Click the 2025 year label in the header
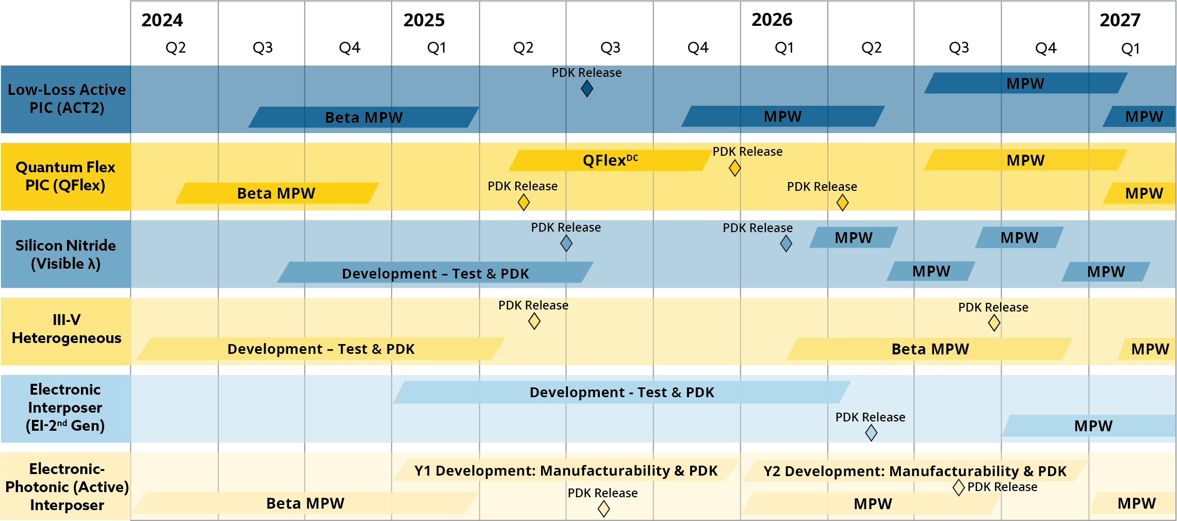click(423, 20)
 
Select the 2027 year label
click(1119, 20)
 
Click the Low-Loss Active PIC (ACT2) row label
click(66, 99)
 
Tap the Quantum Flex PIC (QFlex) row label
click(66, 176)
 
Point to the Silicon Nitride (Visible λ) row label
click(66, 254)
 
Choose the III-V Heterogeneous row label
click(66, 329)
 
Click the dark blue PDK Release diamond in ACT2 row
click(587, 89)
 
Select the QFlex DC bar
click(610, 160)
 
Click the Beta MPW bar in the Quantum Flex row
click(276, 193)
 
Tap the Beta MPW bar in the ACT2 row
click(364, 117)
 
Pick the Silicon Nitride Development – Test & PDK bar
click(435, 273)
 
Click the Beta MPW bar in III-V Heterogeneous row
click(930, 349)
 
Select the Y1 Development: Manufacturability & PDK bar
click(566, 470)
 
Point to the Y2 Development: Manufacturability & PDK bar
click(914, 471)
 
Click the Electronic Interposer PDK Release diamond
click(871, 433)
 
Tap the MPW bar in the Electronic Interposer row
click(1092, 426)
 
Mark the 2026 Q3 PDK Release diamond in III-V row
click(994, 323)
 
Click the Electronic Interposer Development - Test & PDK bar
click(622, 393)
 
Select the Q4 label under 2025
click(698, 48)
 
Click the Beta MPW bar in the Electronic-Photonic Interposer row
click(305, 503)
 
